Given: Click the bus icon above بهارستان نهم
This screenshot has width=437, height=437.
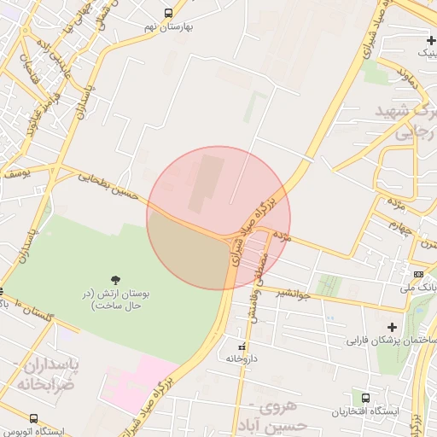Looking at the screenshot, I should (168, 13).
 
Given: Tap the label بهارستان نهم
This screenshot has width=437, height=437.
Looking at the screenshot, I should (172, 26).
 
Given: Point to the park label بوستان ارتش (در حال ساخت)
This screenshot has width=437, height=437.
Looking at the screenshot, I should (119, 298).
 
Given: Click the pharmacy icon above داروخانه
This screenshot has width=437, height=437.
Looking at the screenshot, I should (242, 347).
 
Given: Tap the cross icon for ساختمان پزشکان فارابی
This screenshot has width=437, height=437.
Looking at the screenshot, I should (392, 326).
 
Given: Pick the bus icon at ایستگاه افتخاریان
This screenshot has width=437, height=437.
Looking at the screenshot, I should (365, 398).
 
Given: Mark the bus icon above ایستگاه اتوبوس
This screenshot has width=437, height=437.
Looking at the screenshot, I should (33, 418).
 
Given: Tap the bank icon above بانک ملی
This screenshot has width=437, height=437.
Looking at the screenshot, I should (417, 274).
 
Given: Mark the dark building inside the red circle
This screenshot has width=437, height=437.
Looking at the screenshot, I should (204, 180).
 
